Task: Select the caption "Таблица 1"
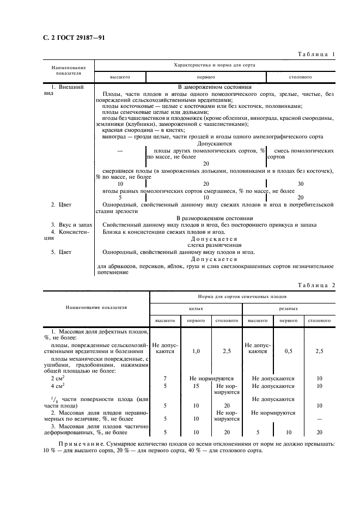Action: pyautogui.click(x=315, y=54)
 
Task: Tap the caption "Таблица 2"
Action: pyautogui.click(x=315, y=285)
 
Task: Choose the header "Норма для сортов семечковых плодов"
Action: pyautogui.click(x=241, y=297)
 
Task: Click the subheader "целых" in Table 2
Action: pyautogui.click(x=196, y=308)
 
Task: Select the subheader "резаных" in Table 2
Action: pyautogui.click(x=289, y=308)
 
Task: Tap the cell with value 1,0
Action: pyautogui.click(x=196, y=351)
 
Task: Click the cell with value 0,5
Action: pyautogui.click(x=289, y=351)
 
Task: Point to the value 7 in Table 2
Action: pyautogui.click(x=165, y=378)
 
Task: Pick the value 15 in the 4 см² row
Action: pyautogui.click(x=196, y=386)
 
